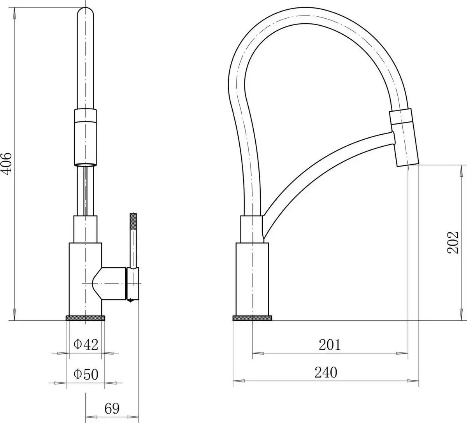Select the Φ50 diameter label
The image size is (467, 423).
86,374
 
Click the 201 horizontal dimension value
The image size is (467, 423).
329,345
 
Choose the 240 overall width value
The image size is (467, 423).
326,372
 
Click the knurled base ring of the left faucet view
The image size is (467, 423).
86,318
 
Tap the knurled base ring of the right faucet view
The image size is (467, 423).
252,318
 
